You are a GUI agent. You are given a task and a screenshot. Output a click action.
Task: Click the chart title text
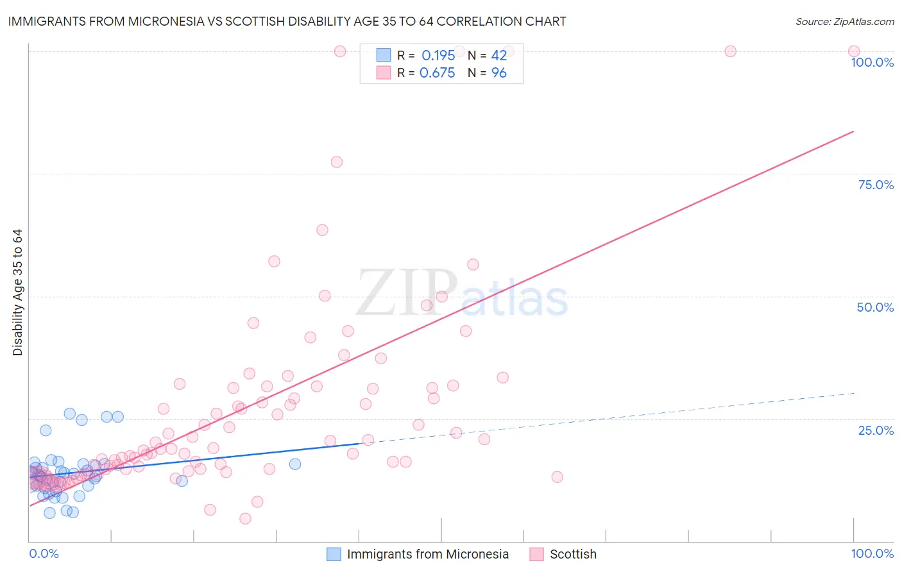287,21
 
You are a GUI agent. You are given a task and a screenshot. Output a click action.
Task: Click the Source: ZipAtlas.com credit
844,21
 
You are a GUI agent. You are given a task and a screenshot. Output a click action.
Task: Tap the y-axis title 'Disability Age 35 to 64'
17,292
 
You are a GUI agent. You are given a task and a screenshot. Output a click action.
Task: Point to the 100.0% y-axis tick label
872,62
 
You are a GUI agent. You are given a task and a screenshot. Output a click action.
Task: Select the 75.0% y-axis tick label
876,185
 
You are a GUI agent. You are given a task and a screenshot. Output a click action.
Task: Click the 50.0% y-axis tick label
875,307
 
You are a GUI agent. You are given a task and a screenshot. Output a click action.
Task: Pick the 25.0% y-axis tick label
876,430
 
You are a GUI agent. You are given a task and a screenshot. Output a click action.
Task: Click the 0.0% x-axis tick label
44,553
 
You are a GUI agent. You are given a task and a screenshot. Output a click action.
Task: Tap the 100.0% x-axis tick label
872,553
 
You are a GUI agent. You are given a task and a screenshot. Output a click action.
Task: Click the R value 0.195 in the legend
438,55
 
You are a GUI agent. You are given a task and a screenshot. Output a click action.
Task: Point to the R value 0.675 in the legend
438,73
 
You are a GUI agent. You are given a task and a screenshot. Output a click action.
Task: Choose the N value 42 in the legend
499,55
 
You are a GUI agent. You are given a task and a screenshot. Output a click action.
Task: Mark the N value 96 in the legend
499,73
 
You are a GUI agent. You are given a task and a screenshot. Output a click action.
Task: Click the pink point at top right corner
854,51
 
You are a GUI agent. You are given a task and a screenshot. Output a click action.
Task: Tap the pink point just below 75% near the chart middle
337,162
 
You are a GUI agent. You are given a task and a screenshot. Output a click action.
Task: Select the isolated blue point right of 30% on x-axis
295,464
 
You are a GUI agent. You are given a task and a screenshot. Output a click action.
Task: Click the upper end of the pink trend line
854,131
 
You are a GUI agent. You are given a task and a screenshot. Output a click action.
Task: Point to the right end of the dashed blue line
854,392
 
